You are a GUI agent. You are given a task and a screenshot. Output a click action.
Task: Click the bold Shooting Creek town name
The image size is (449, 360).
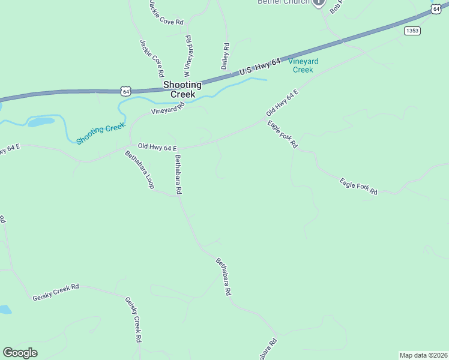182,89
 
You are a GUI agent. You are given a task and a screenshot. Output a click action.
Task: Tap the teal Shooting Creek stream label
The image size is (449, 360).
101,133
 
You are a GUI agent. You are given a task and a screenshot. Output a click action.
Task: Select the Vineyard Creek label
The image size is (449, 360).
303,65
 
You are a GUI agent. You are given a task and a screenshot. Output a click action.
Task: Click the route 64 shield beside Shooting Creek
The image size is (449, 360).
125,91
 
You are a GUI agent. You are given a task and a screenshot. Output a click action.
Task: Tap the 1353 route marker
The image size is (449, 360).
412,31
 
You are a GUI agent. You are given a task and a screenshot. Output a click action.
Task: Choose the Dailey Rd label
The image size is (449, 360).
226,56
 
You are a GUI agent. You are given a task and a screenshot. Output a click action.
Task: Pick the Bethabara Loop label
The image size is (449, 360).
139,170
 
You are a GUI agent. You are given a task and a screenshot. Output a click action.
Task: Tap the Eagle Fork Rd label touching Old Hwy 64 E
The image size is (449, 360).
283,134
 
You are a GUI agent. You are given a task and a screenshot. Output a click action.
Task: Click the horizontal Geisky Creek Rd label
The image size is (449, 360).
56,292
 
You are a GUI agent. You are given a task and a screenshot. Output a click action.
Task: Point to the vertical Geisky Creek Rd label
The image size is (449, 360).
133,320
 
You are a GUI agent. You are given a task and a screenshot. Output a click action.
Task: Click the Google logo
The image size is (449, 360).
20,353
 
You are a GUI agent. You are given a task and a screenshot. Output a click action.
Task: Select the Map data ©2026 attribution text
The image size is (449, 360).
423,355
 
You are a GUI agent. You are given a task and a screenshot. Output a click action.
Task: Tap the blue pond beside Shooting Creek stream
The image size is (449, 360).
41,122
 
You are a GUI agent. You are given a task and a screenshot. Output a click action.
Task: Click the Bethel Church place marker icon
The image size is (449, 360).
319,2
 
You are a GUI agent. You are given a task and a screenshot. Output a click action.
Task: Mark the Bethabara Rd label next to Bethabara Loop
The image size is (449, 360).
178,175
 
